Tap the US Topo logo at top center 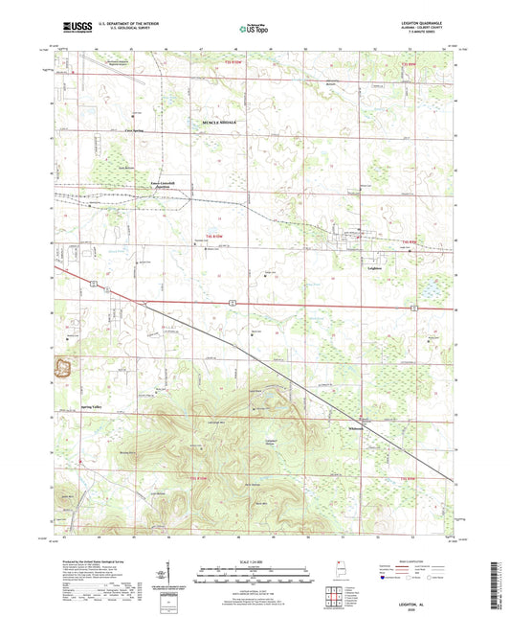(253, 30)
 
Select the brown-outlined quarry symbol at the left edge (65, 366)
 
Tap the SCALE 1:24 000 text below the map (254, 561)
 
